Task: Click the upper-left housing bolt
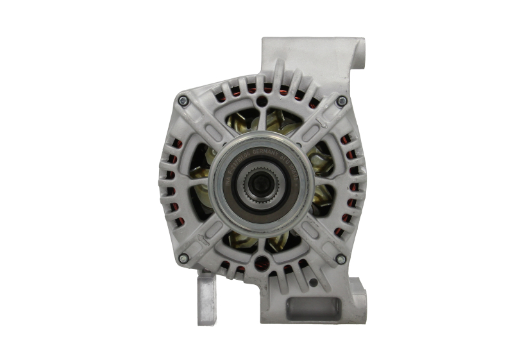(183, 101)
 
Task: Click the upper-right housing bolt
(341, 101)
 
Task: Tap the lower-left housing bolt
(183, 259)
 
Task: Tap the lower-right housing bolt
(341, 259)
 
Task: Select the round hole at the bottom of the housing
(262, 262)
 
